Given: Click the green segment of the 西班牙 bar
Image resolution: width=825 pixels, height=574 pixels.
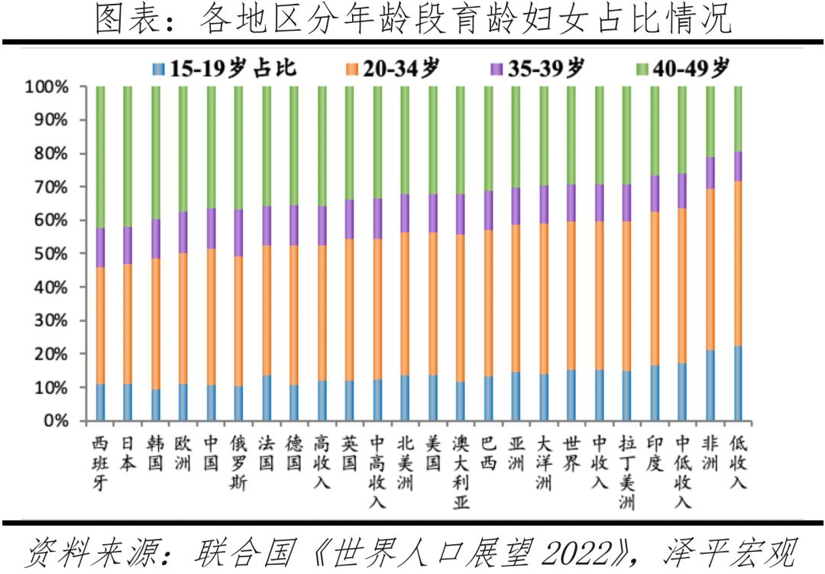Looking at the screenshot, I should (100, 157).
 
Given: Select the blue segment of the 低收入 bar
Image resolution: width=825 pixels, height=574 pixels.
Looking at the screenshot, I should (738, 383).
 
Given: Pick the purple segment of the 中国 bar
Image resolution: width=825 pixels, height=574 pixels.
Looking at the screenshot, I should (211, 228).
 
